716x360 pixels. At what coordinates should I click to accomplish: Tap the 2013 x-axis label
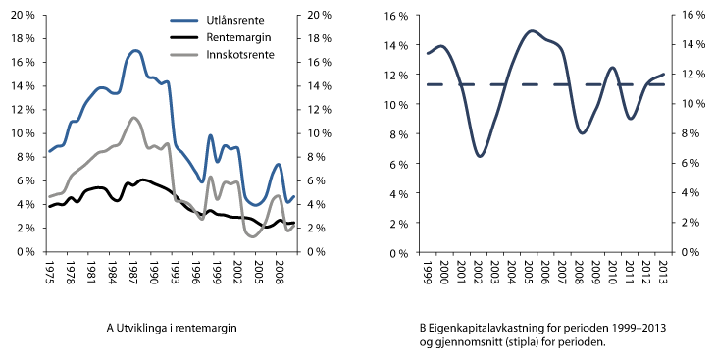click(665, 272)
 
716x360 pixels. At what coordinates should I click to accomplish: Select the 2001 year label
click(462, 272)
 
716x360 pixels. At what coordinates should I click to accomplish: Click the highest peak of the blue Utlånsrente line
click(135, 50)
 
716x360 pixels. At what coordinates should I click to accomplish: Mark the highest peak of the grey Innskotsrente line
click(134, 118)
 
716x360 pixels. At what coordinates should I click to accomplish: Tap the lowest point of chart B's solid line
click(480, 156)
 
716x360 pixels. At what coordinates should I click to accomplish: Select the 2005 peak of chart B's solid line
click(531, 31)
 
